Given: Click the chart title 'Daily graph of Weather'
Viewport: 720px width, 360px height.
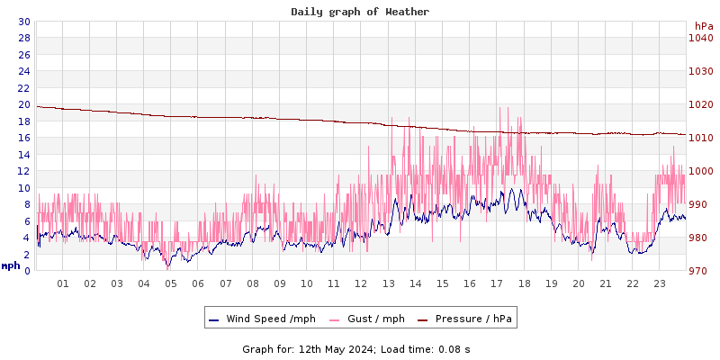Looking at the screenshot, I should (x=359, y=12).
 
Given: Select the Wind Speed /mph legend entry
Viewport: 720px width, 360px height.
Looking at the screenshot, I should (x=262, y=319).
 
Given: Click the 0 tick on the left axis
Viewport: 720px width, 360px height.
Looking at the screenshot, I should (x=26, y=271).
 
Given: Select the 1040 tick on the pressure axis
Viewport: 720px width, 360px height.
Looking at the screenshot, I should (x=700, y=38).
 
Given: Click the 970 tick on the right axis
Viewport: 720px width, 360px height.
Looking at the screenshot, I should (x=700, y=271).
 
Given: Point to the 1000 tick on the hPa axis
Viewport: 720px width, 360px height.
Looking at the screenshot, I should (x=700, y=171).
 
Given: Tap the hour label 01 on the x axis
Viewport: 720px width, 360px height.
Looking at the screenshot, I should (x=63, y=283).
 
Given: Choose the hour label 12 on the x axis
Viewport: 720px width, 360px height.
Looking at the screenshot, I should (x=361, y=283).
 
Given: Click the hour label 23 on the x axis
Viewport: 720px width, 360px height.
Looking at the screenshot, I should (x=660, y=283).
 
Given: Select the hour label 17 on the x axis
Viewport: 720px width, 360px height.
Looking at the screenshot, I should (x=497, y=283).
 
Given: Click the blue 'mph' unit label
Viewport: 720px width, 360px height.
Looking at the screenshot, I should (x=11, y=265).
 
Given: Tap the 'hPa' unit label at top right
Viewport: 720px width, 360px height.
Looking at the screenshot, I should (x=704, y=26).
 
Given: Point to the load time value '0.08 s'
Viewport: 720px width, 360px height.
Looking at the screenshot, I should (x=454, y=348).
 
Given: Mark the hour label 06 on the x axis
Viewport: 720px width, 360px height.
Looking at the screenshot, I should (x=198, y=283).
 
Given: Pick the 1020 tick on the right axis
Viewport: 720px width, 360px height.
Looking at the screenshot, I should (x=700, y=104).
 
